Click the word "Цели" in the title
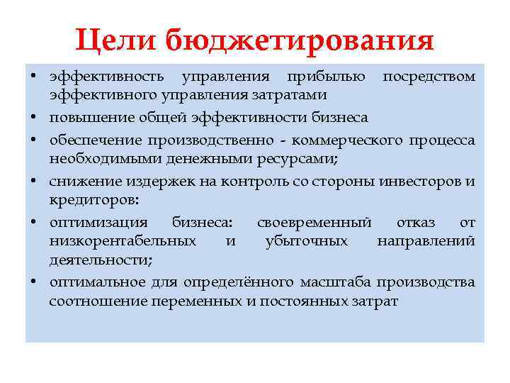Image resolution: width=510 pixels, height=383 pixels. (115, 40)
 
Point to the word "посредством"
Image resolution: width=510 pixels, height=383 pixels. (429, 76)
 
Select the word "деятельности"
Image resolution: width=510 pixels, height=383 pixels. (100, 260)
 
